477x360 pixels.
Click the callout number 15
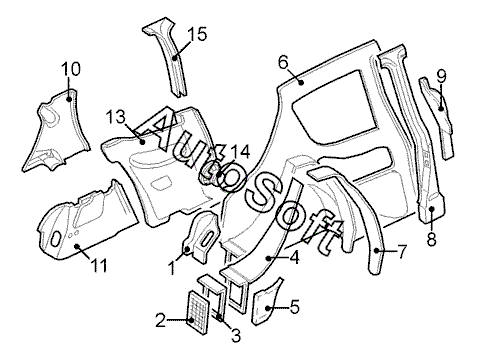(197, 34)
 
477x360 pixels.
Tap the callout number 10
(71, 69)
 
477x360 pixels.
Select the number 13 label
(116, 117)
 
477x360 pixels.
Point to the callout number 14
(240, 152)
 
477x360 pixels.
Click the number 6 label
(283, 62)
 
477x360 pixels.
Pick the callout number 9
(441, 76)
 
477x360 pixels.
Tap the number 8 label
(432, 239)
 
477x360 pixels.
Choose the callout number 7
(402, 251)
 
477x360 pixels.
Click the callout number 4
(294, 258)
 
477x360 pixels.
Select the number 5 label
(295, 307)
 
